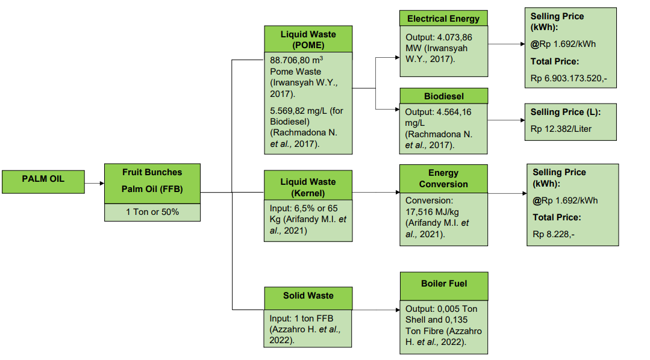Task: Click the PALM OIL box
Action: click(43, 182)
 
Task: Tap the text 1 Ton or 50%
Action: click(152, 212)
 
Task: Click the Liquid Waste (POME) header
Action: click(308, 39)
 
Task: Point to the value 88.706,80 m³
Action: click(296, 60)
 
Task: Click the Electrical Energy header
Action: click(443, 18)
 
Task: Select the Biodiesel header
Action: click(443, 96)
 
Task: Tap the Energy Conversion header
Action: click(443, 179)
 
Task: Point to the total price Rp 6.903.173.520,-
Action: click(569, 78)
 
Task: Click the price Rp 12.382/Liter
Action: click(561, 129)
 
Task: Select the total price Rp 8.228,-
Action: click(554, 234)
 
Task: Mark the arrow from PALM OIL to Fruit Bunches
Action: click(95, 183)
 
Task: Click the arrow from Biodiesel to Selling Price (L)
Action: click(506, 120)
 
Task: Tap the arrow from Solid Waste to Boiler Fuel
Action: click(376, 309)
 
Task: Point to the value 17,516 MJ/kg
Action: click(432, 212)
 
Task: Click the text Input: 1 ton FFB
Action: click(301, 318)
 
